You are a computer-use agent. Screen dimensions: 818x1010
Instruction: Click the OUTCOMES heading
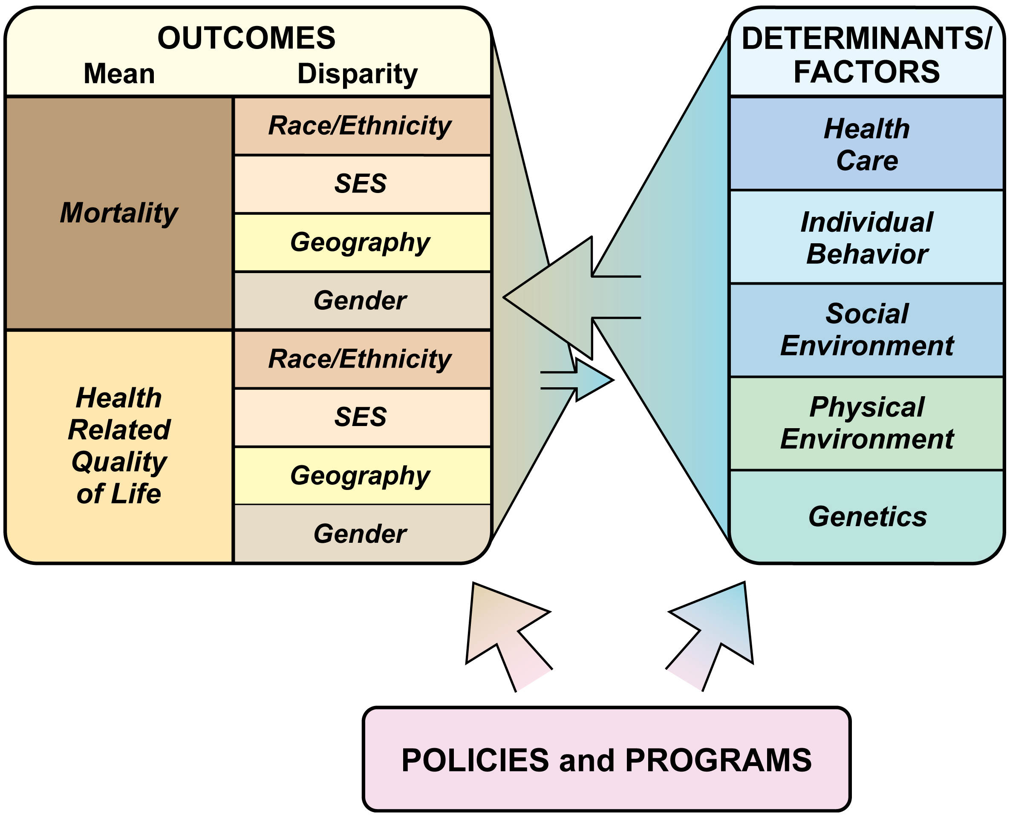point(246,37)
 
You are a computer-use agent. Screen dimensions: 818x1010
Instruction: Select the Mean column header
point(119,74)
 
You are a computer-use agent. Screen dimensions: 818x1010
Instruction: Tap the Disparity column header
point(357,74)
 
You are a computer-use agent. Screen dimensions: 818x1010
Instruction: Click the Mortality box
point(119,213)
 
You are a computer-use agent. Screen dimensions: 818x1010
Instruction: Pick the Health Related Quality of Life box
point(119,446)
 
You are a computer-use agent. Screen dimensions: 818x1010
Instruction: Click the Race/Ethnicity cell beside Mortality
point(360,126)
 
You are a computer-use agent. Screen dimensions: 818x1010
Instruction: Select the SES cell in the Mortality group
point(360,184)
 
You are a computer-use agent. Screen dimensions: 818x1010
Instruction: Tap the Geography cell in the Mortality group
point(360,242)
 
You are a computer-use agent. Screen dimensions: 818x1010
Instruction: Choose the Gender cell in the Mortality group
point(360,300)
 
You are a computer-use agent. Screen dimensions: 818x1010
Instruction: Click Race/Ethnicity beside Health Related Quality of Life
point(360,359)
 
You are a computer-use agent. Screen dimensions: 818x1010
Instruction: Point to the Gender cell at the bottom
point(360,533)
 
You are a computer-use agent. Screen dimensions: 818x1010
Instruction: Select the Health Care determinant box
point(866,144)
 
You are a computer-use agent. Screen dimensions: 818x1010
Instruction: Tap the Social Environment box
point(866,330)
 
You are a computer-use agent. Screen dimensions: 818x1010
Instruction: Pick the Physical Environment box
point(866,423)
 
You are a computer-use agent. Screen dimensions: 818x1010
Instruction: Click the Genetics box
point(866,516)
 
